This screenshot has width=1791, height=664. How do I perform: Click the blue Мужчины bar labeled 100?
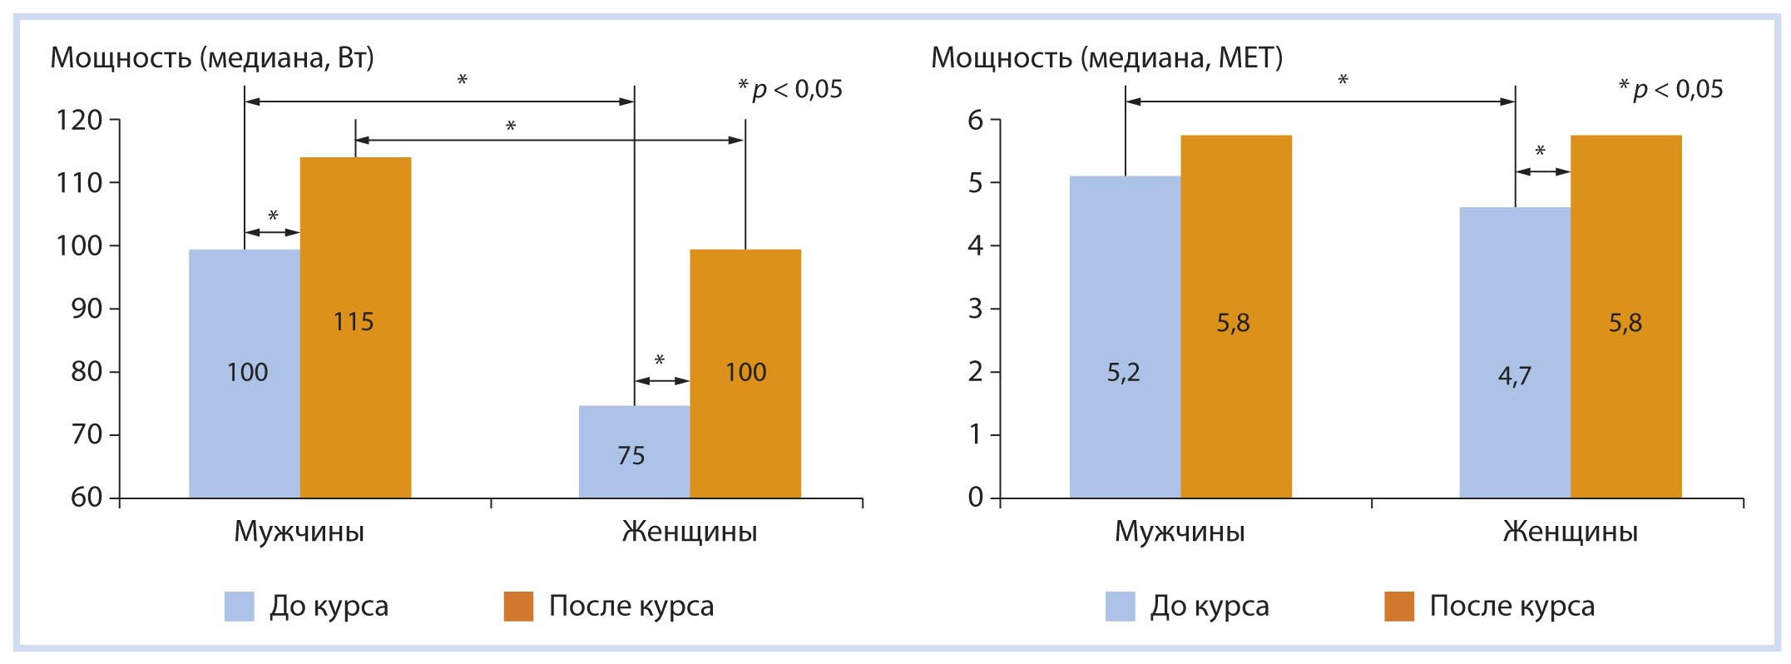[x=244, y=374]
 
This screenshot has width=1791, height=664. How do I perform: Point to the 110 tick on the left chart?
[x=79, y=183]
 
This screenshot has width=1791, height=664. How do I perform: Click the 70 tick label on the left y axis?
[x=87, y=434]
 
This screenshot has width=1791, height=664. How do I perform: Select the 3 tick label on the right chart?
[x=975, y=309]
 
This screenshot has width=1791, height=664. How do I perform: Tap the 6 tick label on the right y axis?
[x=975, y=121]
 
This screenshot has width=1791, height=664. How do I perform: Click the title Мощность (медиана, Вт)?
[x=212, y=57]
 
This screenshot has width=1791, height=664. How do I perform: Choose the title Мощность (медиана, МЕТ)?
[x=1106, y=57]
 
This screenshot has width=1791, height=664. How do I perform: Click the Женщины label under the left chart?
[x=689, y=532]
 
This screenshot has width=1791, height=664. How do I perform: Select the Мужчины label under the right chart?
[x=1180, y=532]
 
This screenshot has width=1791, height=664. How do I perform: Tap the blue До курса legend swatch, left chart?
[x=239, y=607]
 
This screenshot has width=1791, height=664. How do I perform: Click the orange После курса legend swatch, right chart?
[x=1398, y=607]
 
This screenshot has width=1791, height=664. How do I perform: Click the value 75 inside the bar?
[x=631, y=456]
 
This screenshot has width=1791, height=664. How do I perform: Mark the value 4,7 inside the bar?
[x=1514, y=376]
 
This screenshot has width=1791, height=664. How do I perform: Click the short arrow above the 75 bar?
[x=662, y=381]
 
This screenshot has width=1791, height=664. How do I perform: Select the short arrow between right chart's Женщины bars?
[x=1542, y=172]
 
